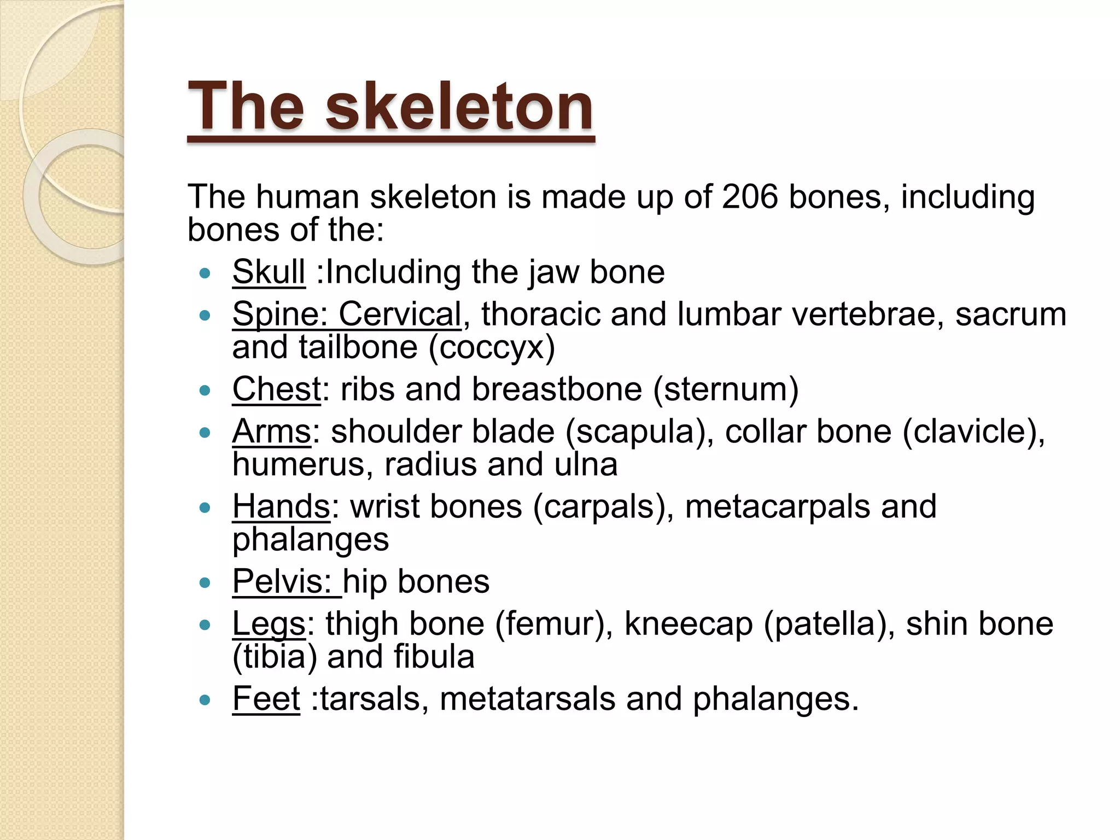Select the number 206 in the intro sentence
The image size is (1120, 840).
coord(749,197)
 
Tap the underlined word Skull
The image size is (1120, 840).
coord(269,272)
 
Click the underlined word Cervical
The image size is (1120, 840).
coord(400,314)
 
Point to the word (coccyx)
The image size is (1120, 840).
coord(492,348)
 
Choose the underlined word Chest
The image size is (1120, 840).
coord(276,389)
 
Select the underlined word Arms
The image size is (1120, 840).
coord(272,431)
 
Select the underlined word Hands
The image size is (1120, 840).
coord(281,506)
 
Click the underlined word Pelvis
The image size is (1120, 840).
coord(282,581)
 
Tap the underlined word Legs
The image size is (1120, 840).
coord(269,623)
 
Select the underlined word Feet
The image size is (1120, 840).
coord(266,699)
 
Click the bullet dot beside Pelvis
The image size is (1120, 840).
coord(205,583)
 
